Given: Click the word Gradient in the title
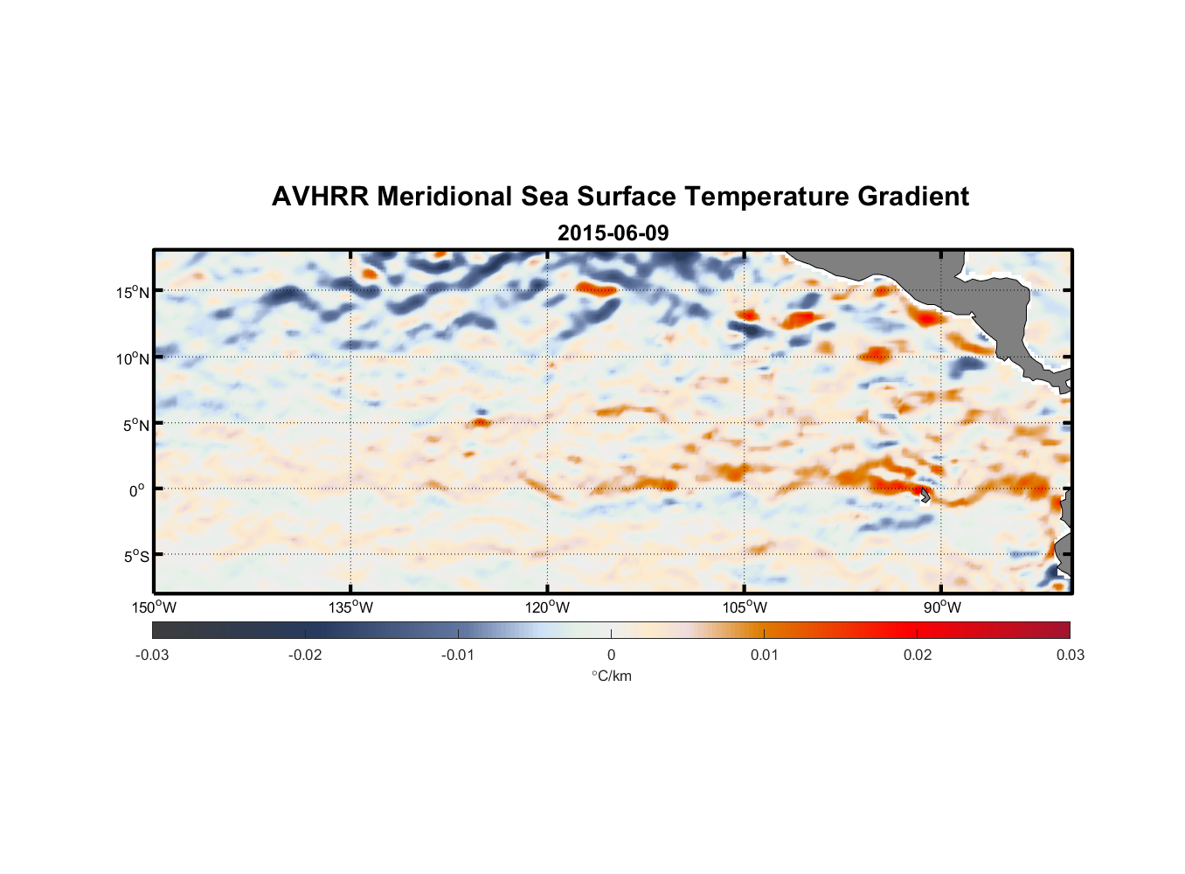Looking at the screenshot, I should (x=913, y=197).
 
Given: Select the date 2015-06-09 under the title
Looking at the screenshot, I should (x=613, y=233).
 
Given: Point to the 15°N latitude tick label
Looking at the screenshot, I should (x=133, y=292).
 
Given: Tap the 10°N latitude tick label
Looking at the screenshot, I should (x=133, y=358).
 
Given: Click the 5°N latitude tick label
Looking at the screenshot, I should (x=135, y=425).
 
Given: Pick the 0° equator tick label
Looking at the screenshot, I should (x=137, y=490).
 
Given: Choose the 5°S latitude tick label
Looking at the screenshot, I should (x=135, y=556).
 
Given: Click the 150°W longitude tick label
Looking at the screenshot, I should (x=155, y=607).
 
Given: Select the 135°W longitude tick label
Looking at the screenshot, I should (x=351, y=607).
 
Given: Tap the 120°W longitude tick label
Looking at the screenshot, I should (x=548, y=607).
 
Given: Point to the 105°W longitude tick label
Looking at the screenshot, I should (x=745, y=607).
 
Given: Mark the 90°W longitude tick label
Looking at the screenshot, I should (x=942, y=607).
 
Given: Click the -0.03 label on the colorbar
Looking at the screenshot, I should (x=152, y=655).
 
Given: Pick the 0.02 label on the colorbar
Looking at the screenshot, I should (x=918, y=655).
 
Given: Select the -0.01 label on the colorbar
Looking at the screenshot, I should (x=458, y=655).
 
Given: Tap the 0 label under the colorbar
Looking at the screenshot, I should (x=611, y=655).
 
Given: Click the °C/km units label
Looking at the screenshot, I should (x=612, y=676).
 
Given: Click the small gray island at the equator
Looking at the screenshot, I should (x=925, y=496).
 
